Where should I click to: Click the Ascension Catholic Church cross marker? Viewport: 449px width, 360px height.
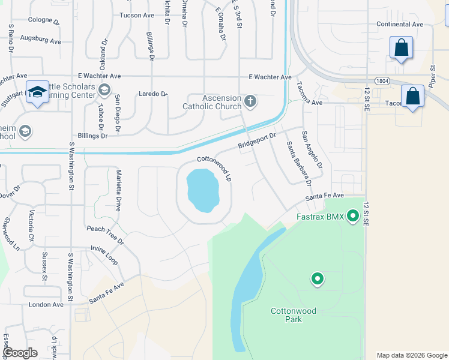click(x=250, y=102)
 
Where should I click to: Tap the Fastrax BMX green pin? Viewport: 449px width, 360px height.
click(x=352, y=215)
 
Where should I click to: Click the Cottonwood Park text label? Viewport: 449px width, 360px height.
click(x=294, y=315)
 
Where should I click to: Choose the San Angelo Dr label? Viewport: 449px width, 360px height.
click(x=312, y=150)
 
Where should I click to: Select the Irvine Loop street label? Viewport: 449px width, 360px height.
click(x=104, y=256)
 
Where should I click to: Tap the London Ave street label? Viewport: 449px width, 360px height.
click(x=46, y=305)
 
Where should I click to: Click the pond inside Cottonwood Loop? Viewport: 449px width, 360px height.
click(x=202, y=190)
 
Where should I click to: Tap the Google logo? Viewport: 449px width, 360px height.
click(x=20, y=353)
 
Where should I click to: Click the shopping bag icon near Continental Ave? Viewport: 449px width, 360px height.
click(x=401, y=47)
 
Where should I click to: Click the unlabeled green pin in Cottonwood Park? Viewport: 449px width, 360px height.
click(x=317, y=279)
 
